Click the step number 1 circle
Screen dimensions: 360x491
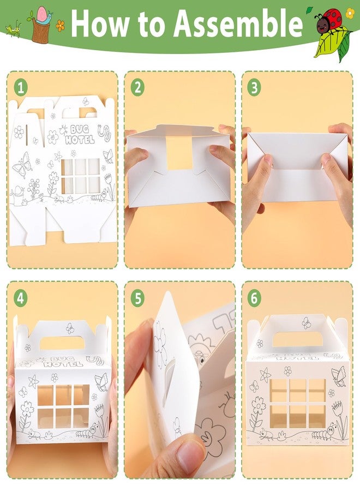tap(21, 88)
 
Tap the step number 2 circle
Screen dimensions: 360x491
tap(138, 88)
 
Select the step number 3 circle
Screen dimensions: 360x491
tap(254, 88)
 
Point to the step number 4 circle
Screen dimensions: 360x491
tap(21, 298)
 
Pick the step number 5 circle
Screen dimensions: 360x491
tap(138, 298)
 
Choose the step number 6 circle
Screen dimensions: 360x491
tap(254, 298)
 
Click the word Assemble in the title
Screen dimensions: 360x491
tap(238, 24)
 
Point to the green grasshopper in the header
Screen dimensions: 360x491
tap(13, 29)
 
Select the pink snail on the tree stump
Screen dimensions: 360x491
tap(44, 16)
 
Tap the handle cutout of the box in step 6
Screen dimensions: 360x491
tap(293, 339)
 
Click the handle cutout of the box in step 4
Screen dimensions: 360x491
tap(62, 343)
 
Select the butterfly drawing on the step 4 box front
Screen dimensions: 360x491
tap(101, 382)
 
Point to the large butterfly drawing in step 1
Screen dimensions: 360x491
tap(22, 165)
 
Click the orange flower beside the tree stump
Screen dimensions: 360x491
tap(61, 26)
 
